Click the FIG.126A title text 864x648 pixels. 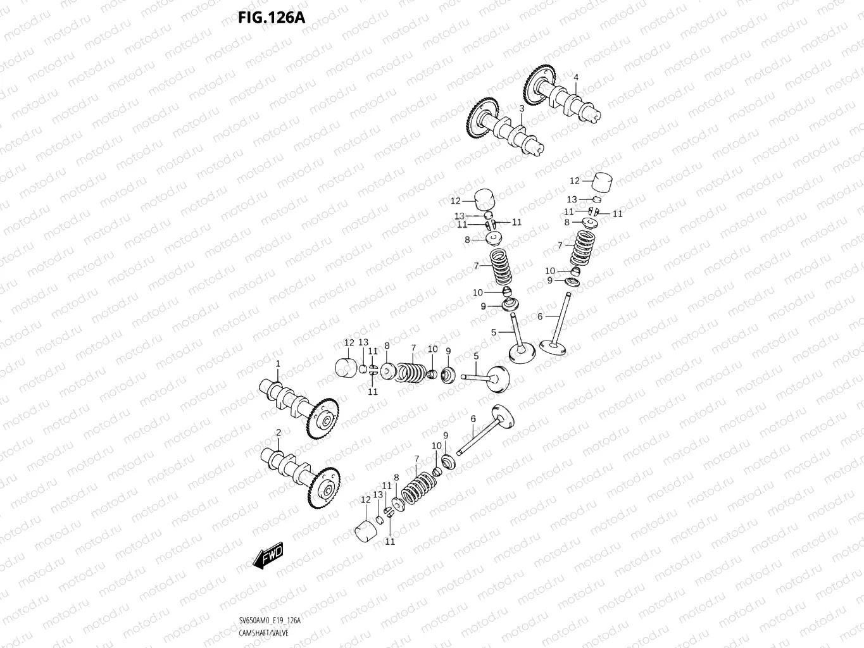271,17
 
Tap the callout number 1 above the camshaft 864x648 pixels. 277,364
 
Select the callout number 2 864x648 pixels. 278,433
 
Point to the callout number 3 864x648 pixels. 522,109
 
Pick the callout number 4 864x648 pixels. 576,78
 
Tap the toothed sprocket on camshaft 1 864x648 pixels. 323,419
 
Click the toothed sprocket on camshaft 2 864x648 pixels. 323,488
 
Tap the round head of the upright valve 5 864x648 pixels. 523,352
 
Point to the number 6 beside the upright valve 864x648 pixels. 540,316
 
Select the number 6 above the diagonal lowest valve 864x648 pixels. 473,419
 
